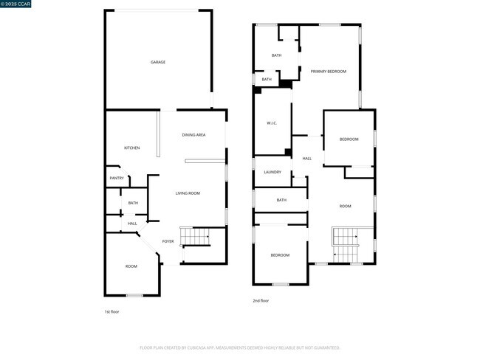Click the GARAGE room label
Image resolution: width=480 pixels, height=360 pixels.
(158, 62)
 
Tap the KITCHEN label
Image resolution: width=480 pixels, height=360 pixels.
(132, 148)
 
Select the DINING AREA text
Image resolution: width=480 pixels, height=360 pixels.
(193, 135)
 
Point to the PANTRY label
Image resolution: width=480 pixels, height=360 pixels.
(117, 178)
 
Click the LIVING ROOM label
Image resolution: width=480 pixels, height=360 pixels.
(188, 193)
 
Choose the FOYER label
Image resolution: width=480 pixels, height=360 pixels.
(168, 241)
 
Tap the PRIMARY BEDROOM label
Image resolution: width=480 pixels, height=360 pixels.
(329, 72)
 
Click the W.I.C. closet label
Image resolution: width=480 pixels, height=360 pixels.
(271, 122)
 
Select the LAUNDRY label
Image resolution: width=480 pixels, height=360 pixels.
(272, 172)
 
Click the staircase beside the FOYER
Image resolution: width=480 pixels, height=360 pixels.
(196, 236)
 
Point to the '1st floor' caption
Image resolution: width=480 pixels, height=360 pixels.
(111, 312)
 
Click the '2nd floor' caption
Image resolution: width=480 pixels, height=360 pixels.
(261, 301)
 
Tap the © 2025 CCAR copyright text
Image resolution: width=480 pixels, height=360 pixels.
(17, 5)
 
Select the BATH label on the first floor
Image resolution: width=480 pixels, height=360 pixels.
(133, 203)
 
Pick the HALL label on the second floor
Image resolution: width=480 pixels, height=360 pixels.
(307, 159)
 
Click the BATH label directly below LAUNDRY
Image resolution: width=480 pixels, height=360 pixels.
(281, 200)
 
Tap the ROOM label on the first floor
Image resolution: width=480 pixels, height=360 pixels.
(131, 266)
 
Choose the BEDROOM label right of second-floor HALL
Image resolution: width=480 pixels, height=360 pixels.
(349, 139)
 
